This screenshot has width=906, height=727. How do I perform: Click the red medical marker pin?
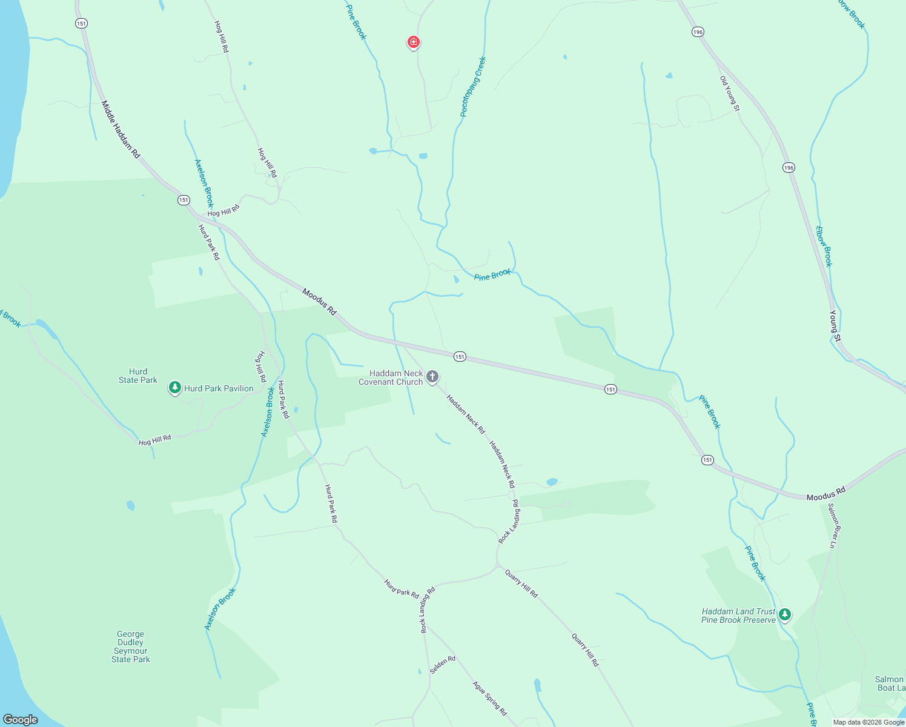click(414, 42)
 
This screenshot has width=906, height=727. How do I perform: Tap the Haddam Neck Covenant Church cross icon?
click(432, 377)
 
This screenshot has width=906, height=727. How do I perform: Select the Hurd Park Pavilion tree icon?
click(175, 387)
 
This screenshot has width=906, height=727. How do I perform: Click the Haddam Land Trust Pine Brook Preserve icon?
click(785, 615)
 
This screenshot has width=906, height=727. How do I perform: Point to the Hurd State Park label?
click(138, 376)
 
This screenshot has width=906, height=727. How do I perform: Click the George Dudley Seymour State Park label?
click(131, 646)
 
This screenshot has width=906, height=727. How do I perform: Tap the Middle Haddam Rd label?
click(121, 130)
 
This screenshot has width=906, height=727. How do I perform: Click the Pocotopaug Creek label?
click(473, 87)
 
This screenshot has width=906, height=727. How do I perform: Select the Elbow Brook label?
click(824, 247)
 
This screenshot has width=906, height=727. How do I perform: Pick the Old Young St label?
click(730, 93)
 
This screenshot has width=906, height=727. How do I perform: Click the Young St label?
click(835, 325)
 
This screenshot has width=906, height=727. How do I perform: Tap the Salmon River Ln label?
click(833, 526)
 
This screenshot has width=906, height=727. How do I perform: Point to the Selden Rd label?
click(443, 665)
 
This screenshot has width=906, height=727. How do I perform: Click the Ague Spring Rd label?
click(489, 699)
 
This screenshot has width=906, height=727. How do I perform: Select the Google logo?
click(21, 720)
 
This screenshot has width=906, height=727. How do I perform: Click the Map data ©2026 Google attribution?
click(868, 722)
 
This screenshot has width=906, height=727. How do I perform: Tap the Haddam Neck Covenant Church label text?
click(391, 377)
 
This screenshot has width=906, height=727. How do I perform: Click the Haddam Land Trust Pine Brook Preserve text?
click(739, 616)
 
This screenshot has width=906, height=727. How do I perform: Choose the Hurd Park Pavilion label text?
click(219, 388)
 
